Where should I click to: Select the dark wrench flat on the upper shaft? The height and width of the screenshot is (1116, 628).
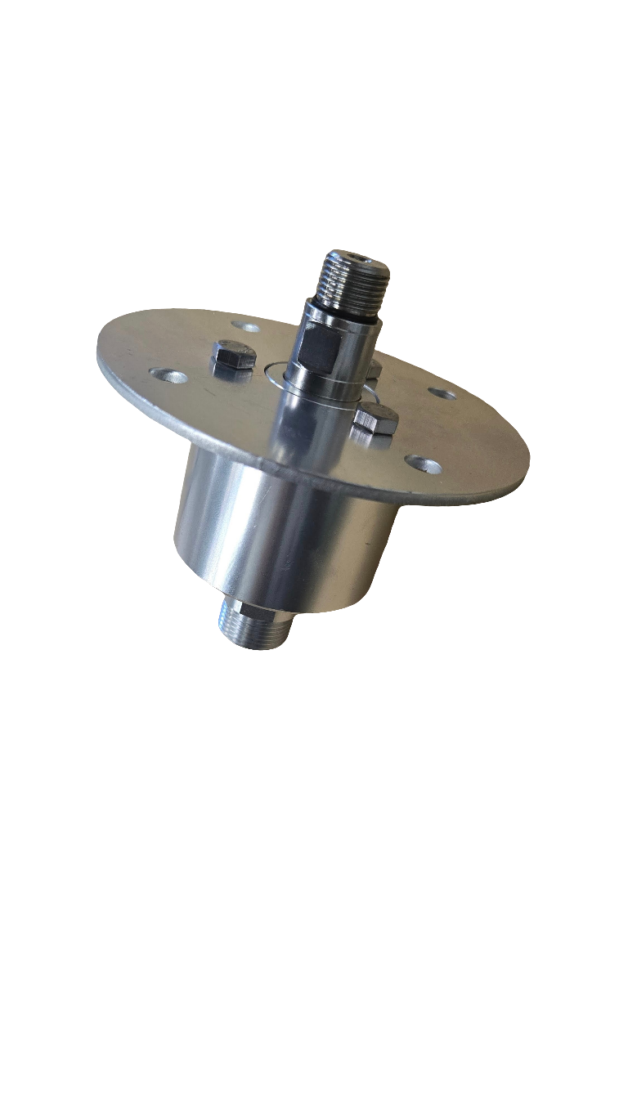[319, 347]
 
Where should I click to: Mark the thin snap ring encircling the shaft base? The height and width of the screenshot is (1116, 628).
[270, 376]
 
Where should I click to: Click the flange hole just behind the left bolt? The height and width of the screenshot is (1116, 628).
[245, 327]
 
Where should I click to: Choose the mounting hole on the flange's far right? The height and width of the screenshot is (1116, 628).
[442, 394]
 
